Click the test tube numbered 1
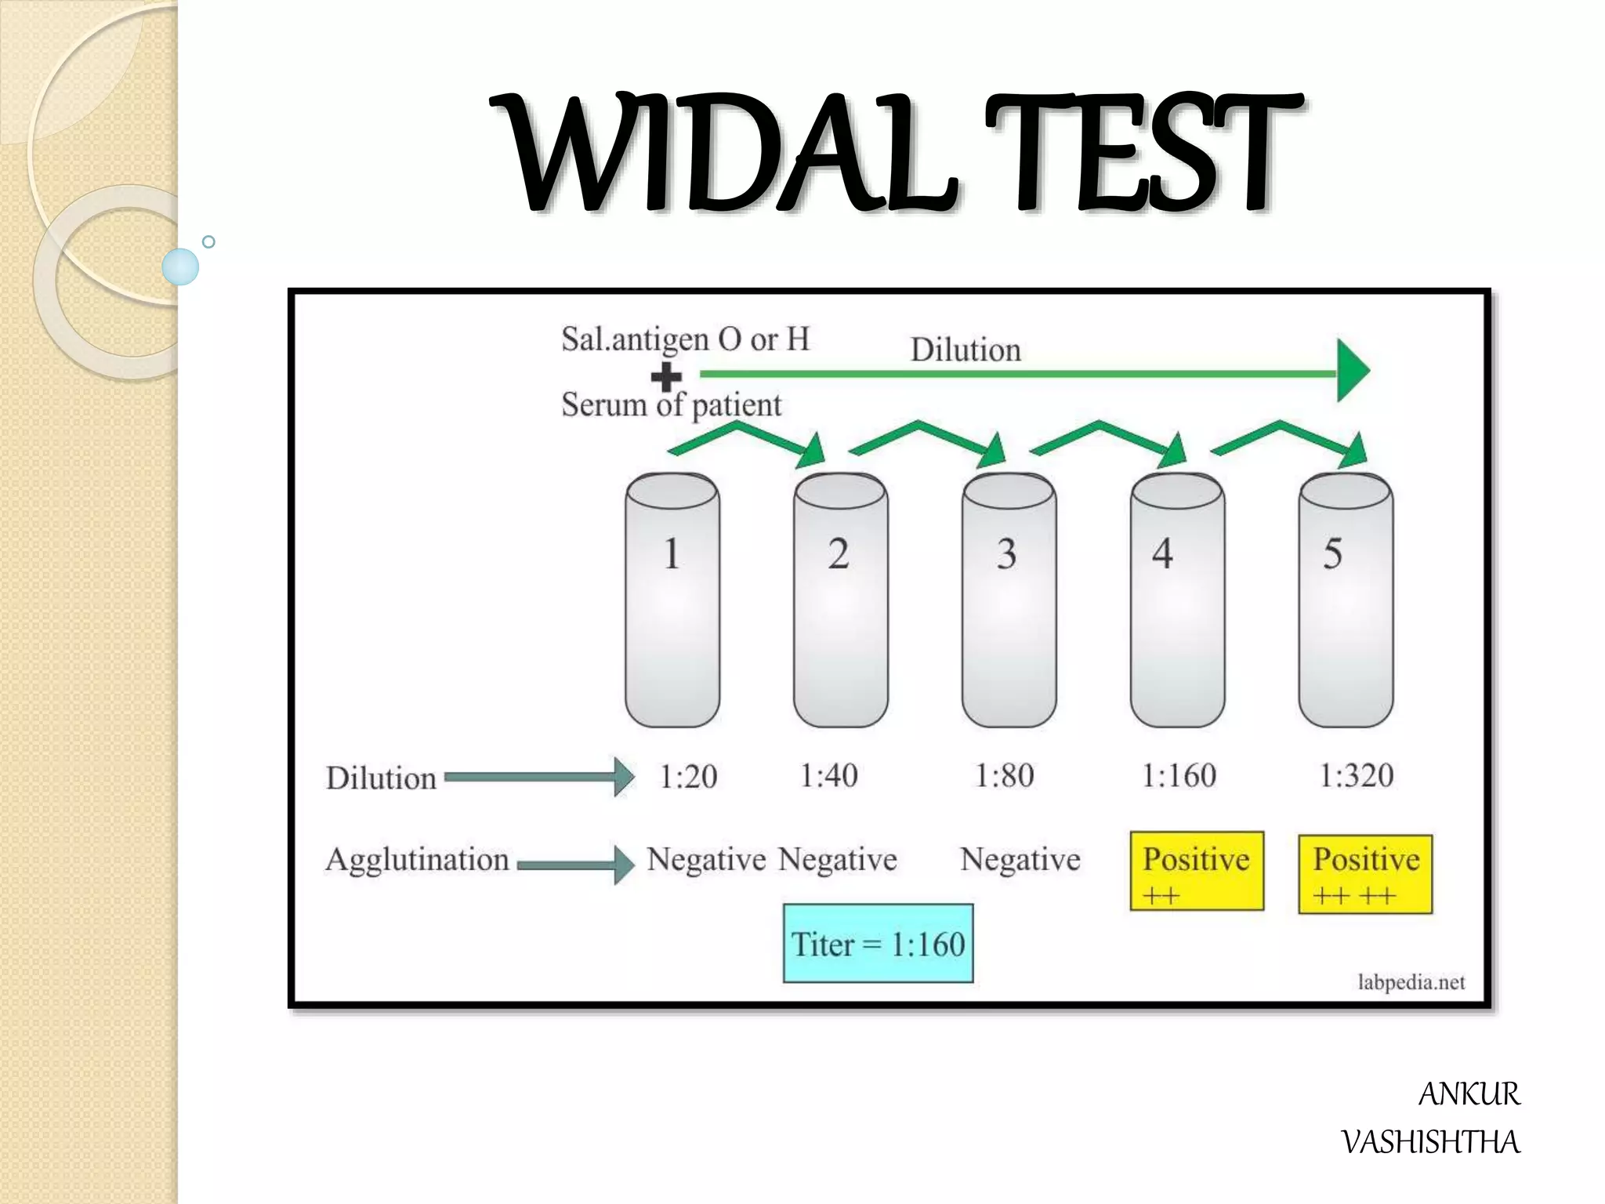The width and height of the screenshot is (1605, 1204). tap(672, 600)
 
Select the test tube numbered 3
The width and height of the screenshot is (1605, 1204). tap(1009, 600)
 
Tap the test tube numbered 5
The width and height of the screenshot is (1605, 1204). tap(1345, 600)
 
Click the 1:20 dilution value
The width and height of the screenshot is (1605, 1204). tap(688, 777)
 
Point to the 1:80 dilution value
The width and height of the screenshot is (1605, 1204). tap(1004, 775)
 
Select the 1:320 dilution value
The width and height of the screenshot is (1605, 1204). tap(1356, 775)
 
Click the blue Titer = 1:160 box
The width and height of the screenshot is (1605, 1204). tap(878, 943)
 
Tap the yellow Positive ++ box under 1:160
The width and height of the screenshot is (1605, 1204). tap(1197, 871)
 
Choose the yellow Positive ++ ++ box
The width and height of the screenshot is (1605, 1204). tap(1365, 874)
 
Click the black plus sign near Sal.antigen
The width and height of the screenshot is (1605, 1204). tap(666, 377)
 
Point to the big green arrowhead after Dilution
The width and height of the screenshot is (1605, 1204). tap(1352, 370)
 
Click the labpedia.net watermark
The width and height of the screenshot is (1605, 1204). tap(1411, 982)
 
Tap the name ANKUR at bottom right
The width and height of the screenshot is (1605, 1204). tap(1469, 1094)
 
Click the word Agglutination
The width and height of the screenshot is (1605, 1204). tap(417, 860)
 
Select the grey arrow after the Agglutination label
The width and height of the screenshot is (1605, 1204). tap(576, 865)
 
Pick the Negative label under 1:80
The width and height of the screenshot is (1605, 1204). tap(1020, 860)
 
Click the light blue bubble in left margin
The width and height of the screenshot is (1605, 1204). tap(180, 267)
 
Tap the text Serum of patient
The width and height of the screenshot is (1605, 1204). tap(671, 405)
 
